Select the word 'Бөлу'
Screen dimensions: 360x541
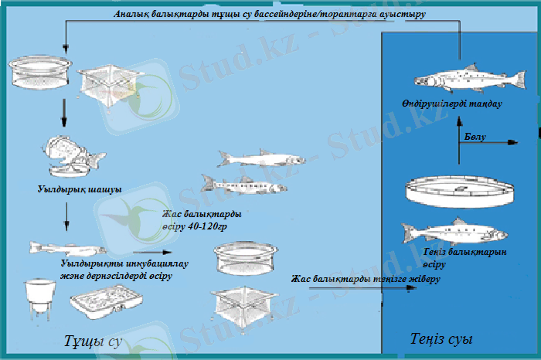pyautogui.click(x=476, y=137)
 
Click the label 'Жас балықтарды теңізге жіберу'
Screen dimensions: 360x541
pyautogui.click(x=366, y=279)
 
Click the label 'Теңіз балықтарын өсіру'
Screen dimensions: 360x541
pyautogui.click(x=464, y=258)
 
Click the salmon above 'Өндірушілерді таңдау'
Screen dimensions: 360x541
pyautogui.click(x=456, y=78)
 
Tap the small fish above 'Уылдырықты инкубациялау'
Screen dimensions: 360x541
pyautogui.click(x=66, y=249)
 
